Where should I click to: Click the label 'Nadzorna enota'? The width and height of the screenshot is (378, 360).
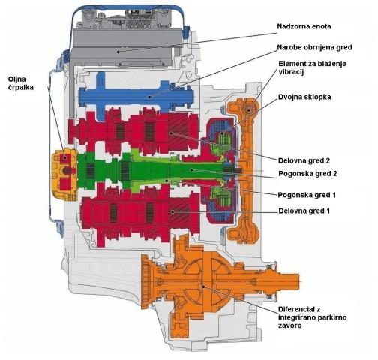pyautogui.click(x=304, y=26)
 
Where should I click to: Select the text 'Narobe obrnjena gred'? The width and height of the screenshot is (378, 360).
pyautogui.click(x=314, y=47)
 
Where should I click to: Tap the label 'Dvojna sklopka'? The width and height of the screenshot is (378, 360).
pyautogui.click(x=304, y=97)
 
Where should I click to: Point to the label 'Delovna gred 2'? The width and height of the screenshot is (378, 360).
pyautogui.click(x=304, y=160)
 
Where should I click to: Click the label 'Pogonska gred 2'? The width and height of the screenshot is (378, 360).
pyautogui.click(x=307, y=174)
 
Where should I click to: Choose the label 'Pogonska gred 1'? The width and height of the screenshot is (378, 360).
pyautogui.click(x=307, y=195)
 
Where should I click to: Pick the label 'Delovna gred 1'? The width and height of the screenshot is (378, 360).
pyautogui.click(x=304, y=211)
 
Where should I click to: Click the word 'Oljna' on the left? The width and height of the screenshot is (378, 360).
pyautogui.click(x=17, y=79)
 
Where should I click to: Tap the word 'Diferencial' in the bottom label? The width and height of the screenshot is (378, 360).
pyautogui.click(x=296, y=310)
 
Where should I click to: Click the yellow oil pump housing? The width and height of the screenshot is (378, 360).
pyautogui.click(x=64, y=174)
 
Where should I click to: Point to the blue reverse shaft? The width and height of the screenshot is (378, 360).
pyautogui.click(x=136, y=96)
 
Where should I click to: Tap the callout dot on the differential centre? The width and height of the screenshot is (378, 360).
pyautogui.click(x=204, y=286)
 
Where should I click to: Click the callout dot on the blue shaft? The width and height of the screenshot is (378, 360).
pyautogui.click(x=149, y=97)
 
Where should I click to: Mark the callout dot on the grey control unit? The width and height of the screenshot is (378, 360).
pyautogui.click(x=118, y=52)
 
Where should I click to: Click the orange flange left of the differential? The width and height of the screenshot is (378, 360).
pyautogui.click(x=146, y=281)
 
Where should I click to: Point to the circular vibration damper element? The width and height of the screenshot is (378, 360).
pyautogui.click(x=249, y=110)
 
